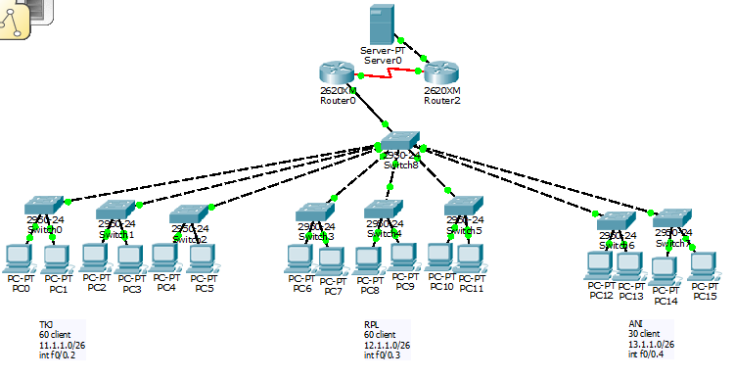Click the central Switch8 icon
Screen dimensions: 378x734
coord(401,141)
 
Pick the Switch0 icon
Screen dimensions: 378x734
coord(43,207)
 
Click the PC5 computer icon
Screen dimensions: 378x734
coord(202,257)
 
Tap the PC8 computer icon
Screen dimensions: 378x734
coord(369,260)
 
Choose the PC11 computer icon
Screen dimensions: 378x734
coord(471,257)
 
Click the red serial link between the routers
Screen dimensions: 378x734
coord(390,72)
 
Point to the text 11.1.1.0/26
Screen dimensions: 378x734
coord(60,345)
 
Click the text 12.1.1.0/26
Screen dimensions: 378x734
coord(385,345)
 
